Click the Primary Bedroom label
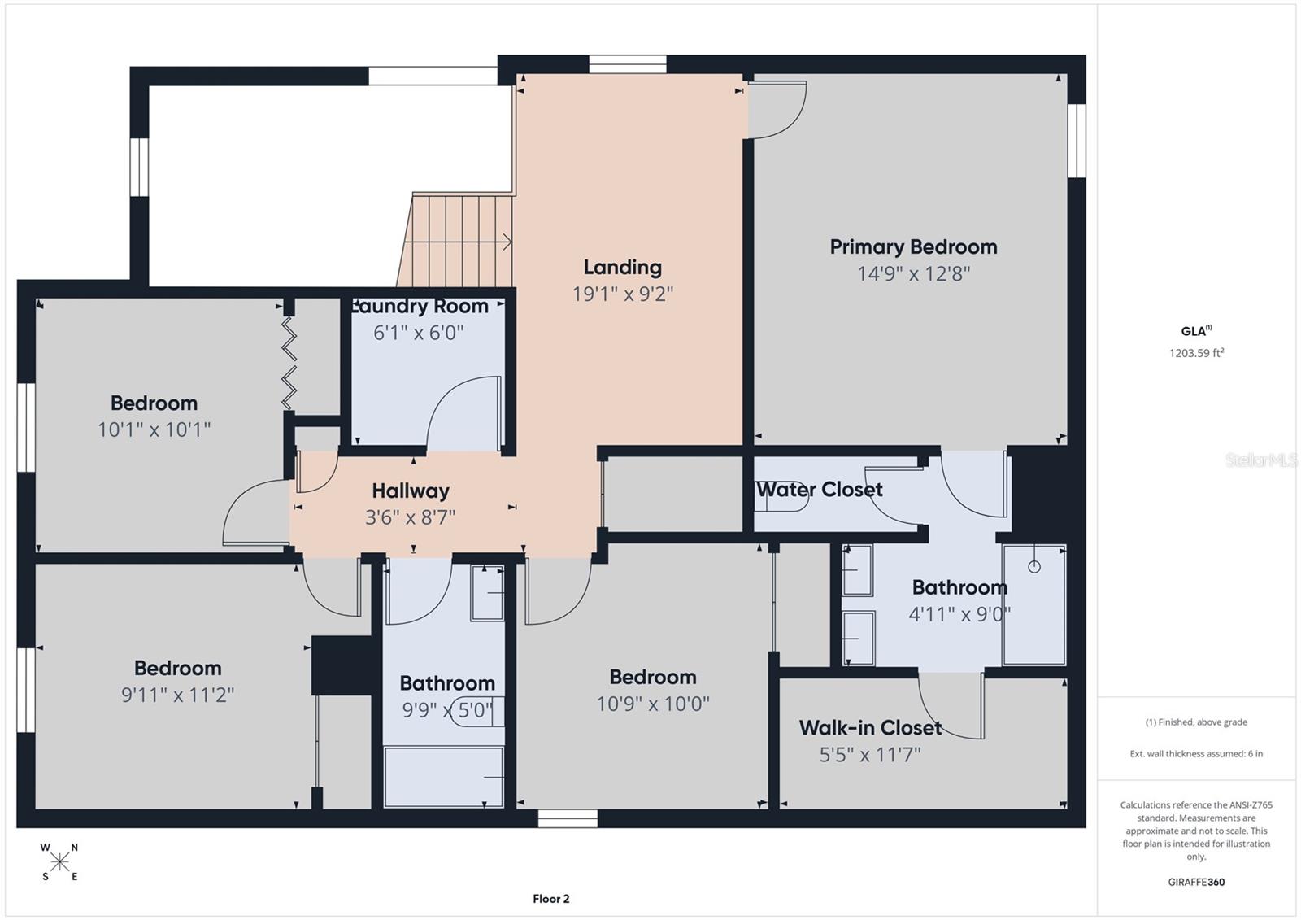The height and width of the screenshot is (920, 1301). [913, 247]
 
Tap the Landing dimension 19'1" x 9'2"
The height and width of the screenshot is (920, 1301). [623, 294]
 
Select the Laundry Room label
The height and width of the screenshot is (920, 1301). [420, 307]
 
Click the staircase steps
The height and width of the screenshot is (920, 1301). [460, 241]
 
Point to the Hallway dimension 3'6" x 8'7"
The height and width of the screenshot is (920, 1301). [410, 517]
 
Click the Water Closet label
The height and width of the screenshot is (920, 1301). [820, 490]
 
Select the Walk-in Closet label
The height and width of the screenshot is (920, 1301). [870, 728]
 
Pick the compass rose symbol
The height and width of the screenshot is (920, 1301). [59, 861]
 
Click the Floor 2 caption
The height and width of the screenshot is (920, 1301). [551, 899]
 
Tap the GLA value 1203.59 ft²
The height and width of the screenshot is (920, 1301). [1196, 353]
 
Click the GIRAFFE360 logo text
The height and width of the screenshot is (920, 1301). [1196, 882]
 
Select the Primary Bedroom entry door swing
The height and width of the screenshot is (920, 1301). [777, 110]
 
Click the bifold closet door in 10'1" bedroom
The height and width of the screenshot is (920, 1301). [289, 362]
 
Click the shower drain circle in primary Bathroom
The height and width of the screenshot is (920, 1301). [1033, 567]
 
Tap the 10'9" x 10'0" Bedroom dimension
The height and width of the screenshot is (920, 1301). [653, 704]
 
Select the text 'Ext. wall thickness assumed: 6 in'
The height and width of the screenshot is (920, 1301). [1196, 754]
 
